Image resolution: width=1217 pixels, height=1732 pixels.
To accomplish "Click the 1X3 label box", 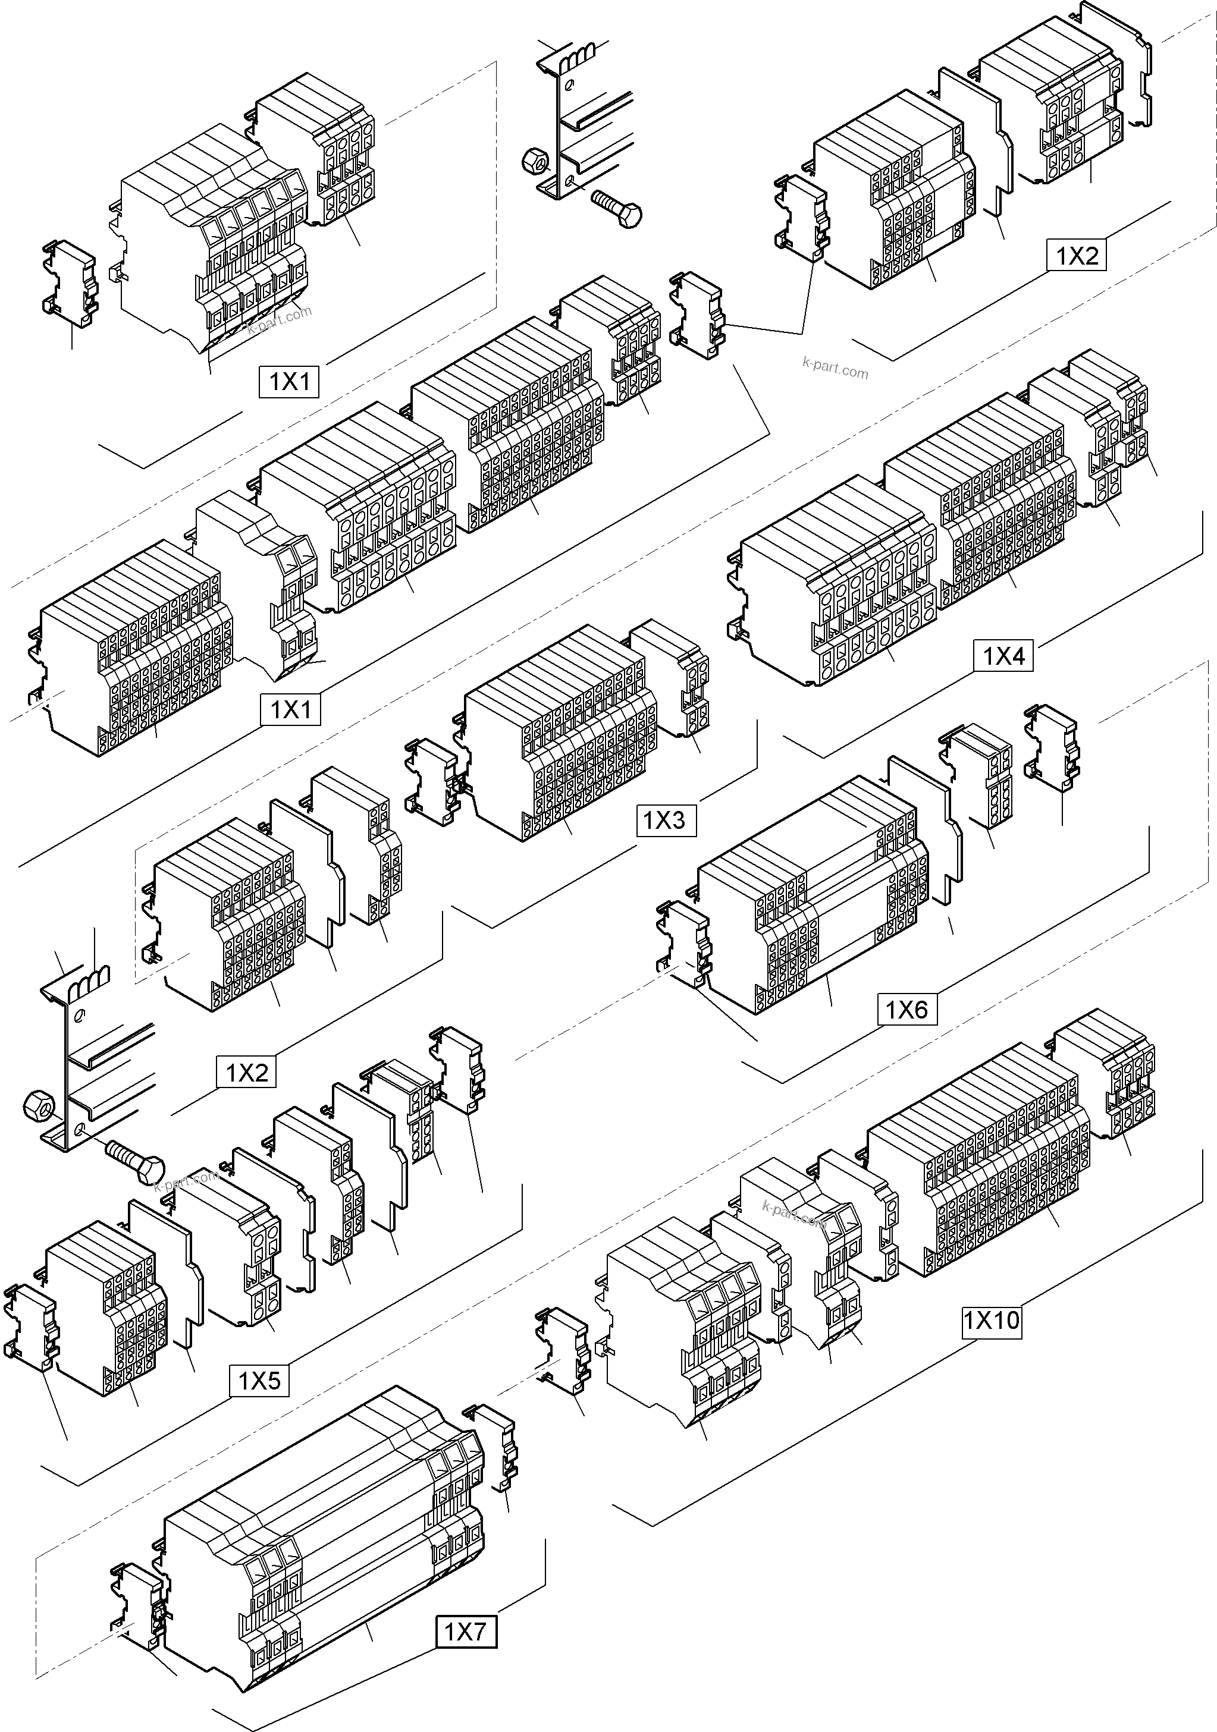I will pyautogui.click(x=664, y=820).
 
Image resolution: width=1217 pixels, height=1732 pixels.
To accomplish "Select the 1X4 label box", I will pyautogui.click(x=1003, y=656).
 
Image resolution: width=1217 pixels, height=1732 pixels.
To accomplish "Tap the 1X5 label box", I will pyautogui.click(x=259, y=1381).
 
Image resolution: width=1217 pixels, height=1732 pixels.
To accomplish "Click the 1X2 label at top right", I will pyautogui.click(x=1076, y=256).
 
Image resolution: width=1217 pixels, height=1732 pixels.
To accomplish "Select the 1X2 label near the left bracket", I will pyautogui.click(x=247, y=1073).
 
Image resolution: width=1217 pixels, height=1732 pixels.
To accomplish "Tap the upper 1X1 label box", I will pyautogui.click(x=290, y=382).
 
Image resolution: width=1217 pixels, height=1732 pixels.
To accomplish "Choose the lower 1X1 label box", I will pyautogui.click(x=290, y=710).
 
